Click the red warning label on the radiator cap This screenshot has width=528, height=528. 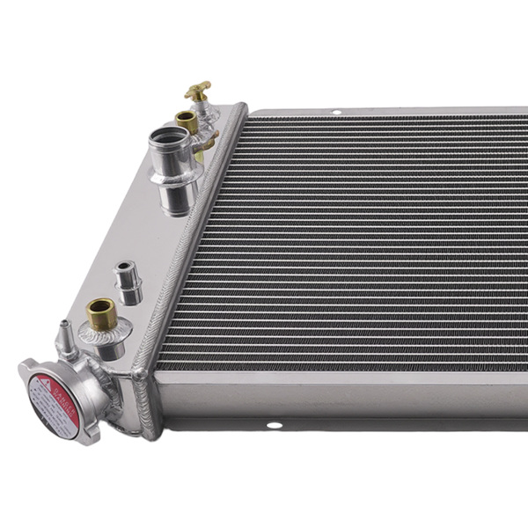[55, 401]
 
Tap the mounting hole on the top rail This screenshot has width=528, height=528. [335, 113]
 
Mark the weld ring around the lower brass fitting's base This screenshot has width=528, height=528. [104, 332]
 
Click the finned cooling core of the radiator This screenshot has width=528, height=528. [352, 246]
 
